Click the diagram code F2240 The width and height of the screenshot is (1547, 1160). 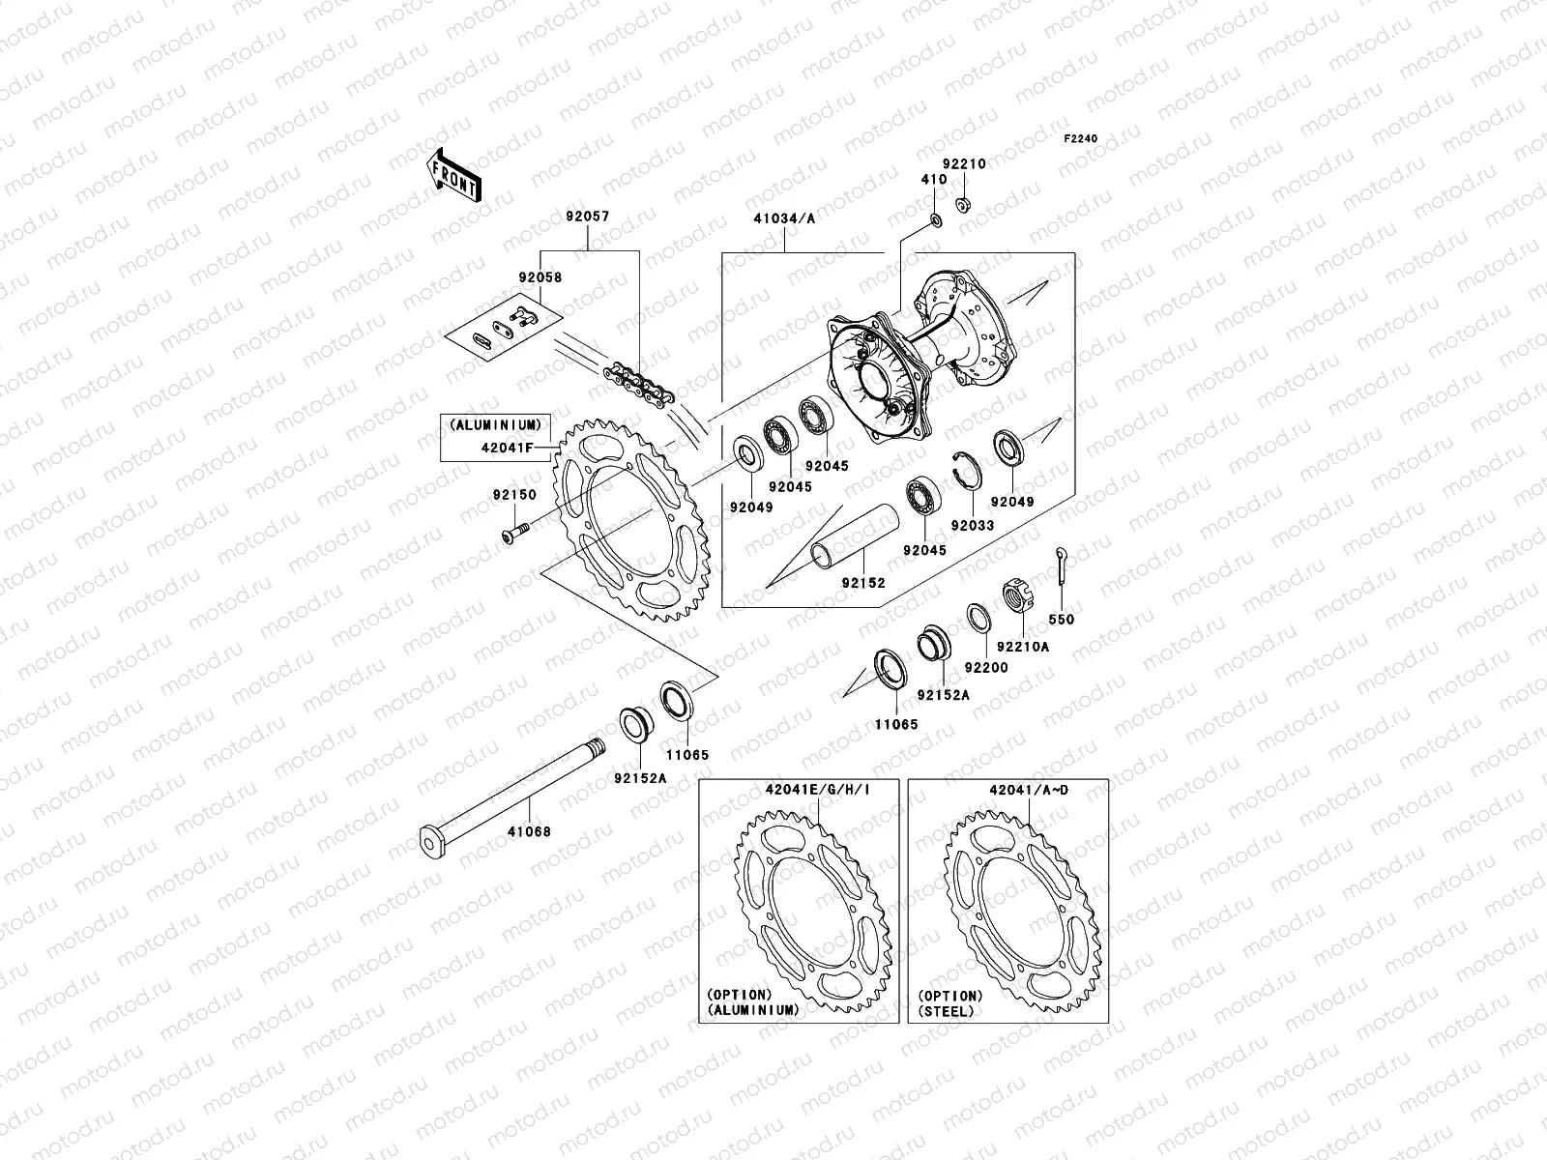pyautogui.click(x=1081, y=139)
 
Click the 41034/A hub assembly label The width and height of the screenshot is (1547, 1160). pyautogui.click(x=784, y=218)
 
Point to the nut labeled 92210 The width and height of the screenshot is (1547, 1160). pyautogui.click(x=963, y=204)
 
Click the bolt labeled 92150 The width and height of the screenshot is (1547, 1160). pyautogui.click(x=514, y=529)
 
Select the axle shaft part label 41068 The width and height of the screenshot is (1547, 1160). pyautogui.click(x=530, y=830)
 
